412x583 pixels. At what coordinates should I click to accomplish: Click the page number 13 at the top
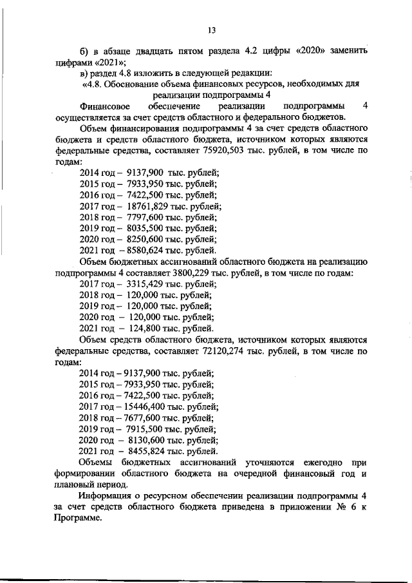pyautogui.click(x=211, y=30)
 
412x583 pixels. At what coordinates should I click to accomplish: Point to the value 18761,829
pyautogui.click(x=149, y=206)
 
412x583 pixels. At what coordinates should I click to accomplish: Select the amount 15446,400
pyautogui.click(x=148, y=406)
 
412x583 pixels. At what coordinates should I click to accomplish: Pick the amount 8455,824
pyautogui.click(x=148, y=451)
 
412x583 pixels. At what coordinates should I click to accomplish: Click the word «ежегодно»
pyautogui.click(x=317, y=462)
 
